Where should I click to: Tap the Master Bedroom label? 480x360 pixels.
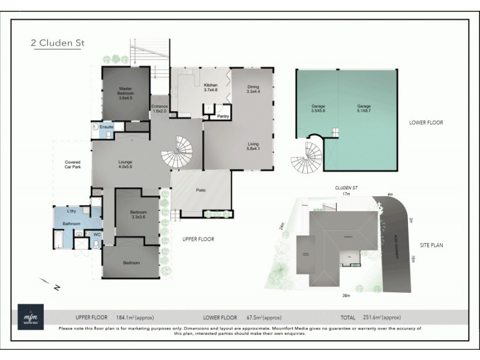(125, 94)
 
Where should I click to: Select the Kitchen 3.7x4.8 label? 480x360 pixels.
(210, 88)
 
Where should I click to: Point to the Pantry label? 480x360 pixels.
(224, 116)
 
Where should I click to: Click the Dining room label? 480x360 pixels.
(253, 89)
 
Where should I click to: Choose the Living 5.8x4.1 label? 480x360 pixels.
(253, 146)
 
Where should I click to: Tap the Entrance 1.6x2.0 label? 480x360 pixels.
(160, 109)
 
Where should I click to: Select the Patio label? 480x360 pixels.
(201, 191)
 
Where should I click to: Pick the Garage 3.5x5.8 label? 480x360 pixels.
(318, 109)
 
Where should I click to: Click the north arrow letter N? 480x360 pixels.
(56, 288)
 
